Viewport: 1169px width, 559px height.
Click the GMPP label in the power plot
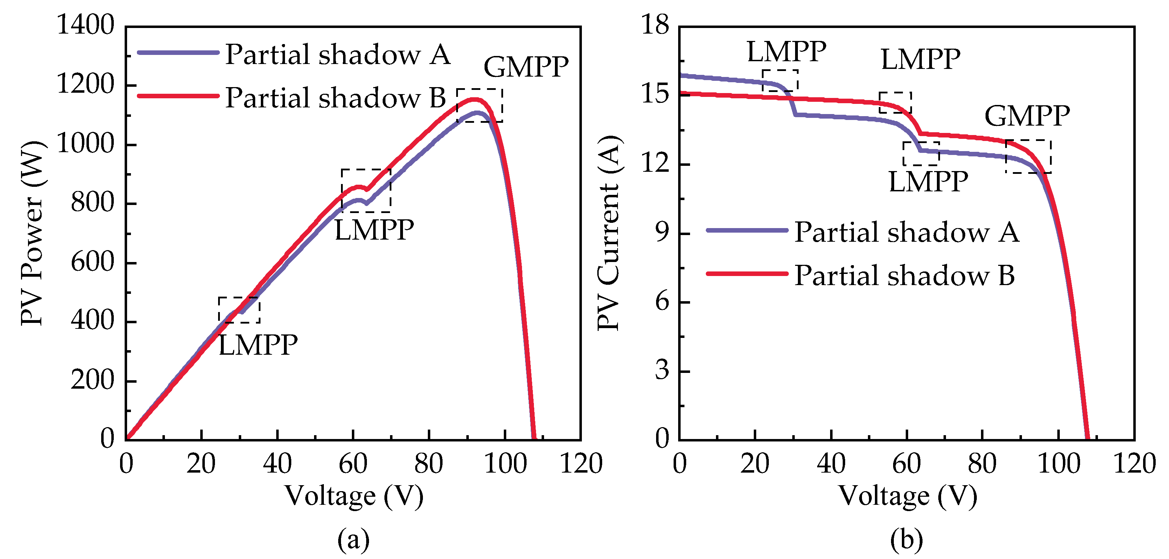(x=526, y=68)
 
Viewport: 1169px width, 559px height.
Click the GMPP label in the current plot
(x=1027, y=116)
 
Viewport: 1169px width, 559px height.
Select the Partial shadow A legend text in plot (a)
(x=338, y=55)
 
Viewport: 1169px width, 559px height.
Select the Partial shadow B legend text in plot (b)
(x=904, y=276)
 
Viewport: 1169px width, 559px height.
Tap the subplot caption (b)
(x=906, y=539)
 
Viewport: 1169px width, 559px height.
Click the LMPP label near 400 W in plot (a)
(x=258, y=346)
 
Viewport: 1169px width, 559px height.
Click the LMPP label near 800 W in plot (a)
(x=374, y=230)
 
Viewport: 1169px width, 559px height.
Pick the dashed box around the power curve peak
(x=479, y=105)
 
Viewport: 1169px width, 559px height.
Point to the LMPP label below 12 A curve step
(x=928, y=182)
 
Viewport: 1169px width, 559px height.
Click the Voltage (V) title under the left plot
(x=354, y=496)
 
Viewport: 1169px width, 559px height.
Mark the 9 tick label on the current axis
(x=662, y=233)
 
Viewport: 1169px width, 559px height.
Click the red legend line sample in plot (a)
(x=178, y=95)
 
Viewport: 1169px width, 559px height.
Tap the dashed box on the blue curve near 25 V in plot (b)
(x=780, y=81)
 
